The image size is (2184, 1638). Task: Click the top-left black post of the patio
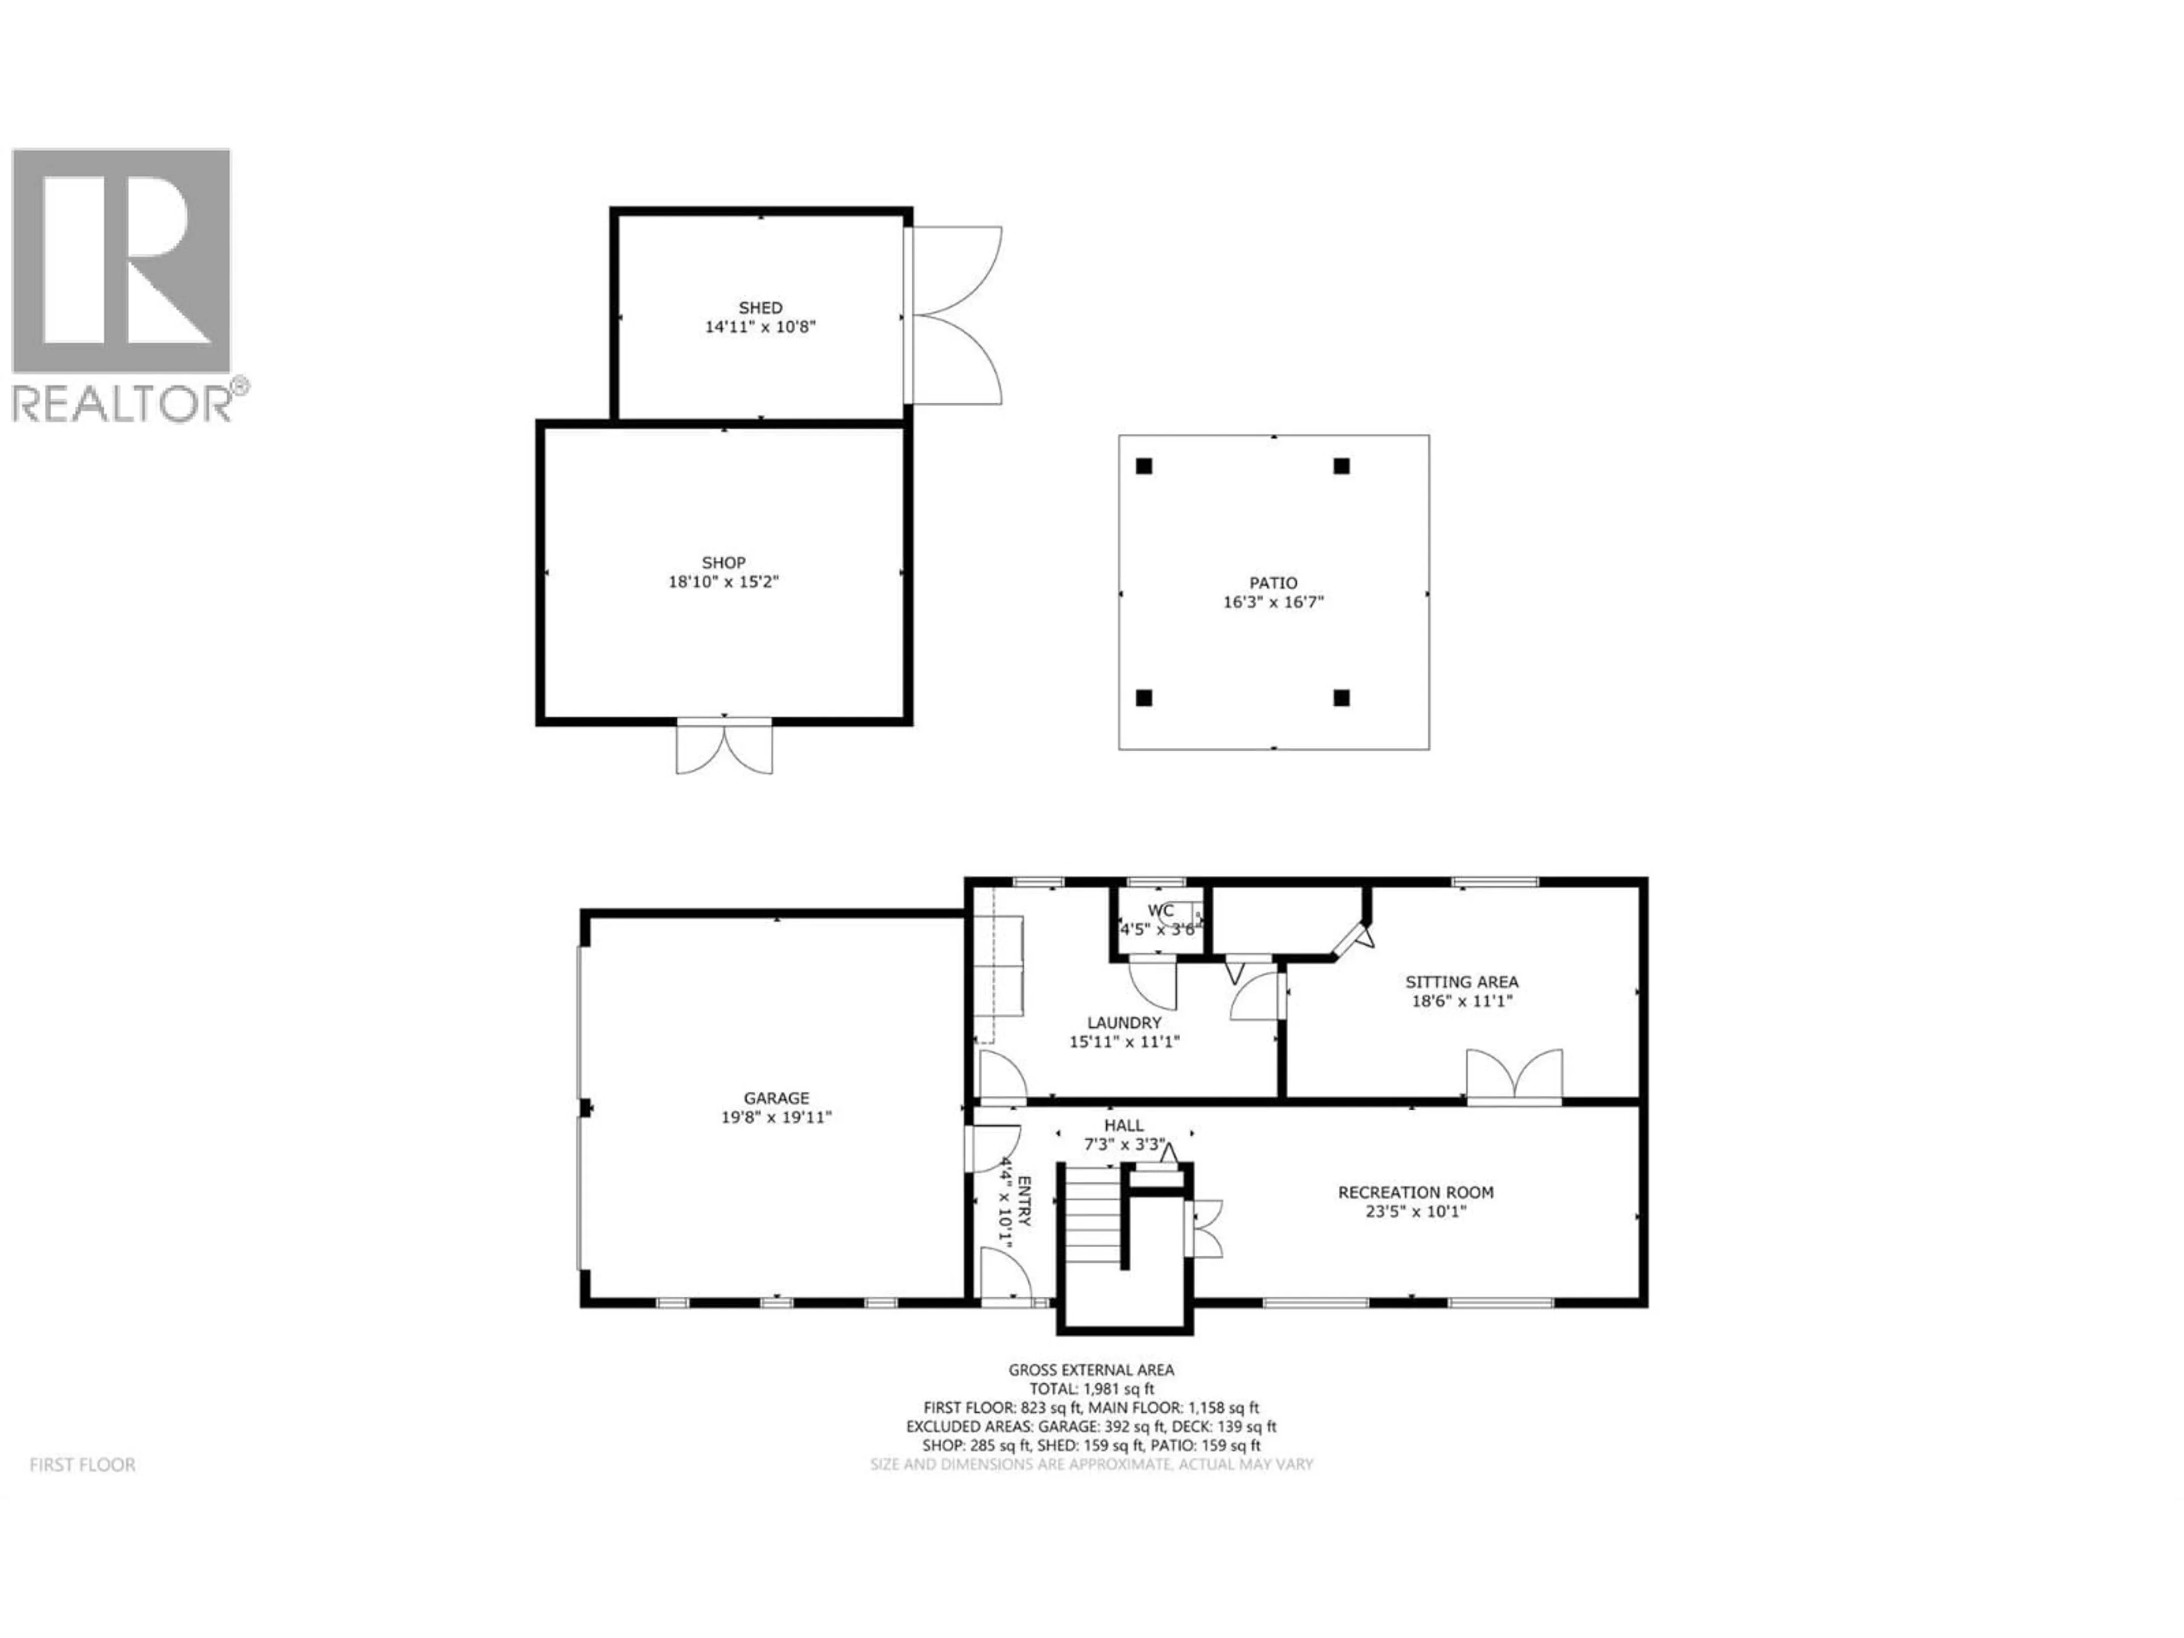coord(1144,466)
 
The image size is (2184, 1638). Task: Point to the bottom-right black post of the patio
coord(1341,698)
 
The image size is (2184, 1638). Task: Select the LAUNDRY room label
coord(1124,1023)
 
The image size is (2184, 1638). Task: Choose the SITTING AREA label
coord(1461,982)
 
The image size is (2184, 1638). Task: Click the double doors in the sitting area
coord(1513,1074)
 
